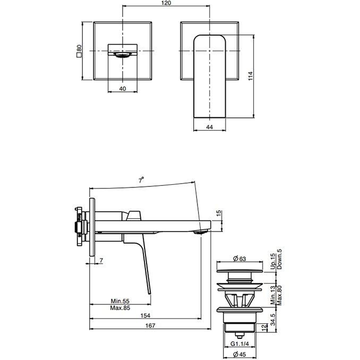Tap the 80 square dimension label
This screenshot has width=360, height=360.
(79, 51)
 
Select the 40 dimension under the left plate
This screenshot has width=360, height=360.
(123, 89)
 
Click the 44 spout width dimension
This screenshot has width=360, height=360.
(209, 127)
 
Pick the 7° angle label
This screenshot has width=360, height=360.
(142, 181)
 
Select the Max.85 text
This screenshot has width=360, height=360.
(121, 308)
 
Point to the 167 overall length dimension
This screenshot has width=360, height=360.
(150, 325)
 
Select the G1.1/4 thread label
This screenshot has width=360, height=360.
(242, 344)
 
